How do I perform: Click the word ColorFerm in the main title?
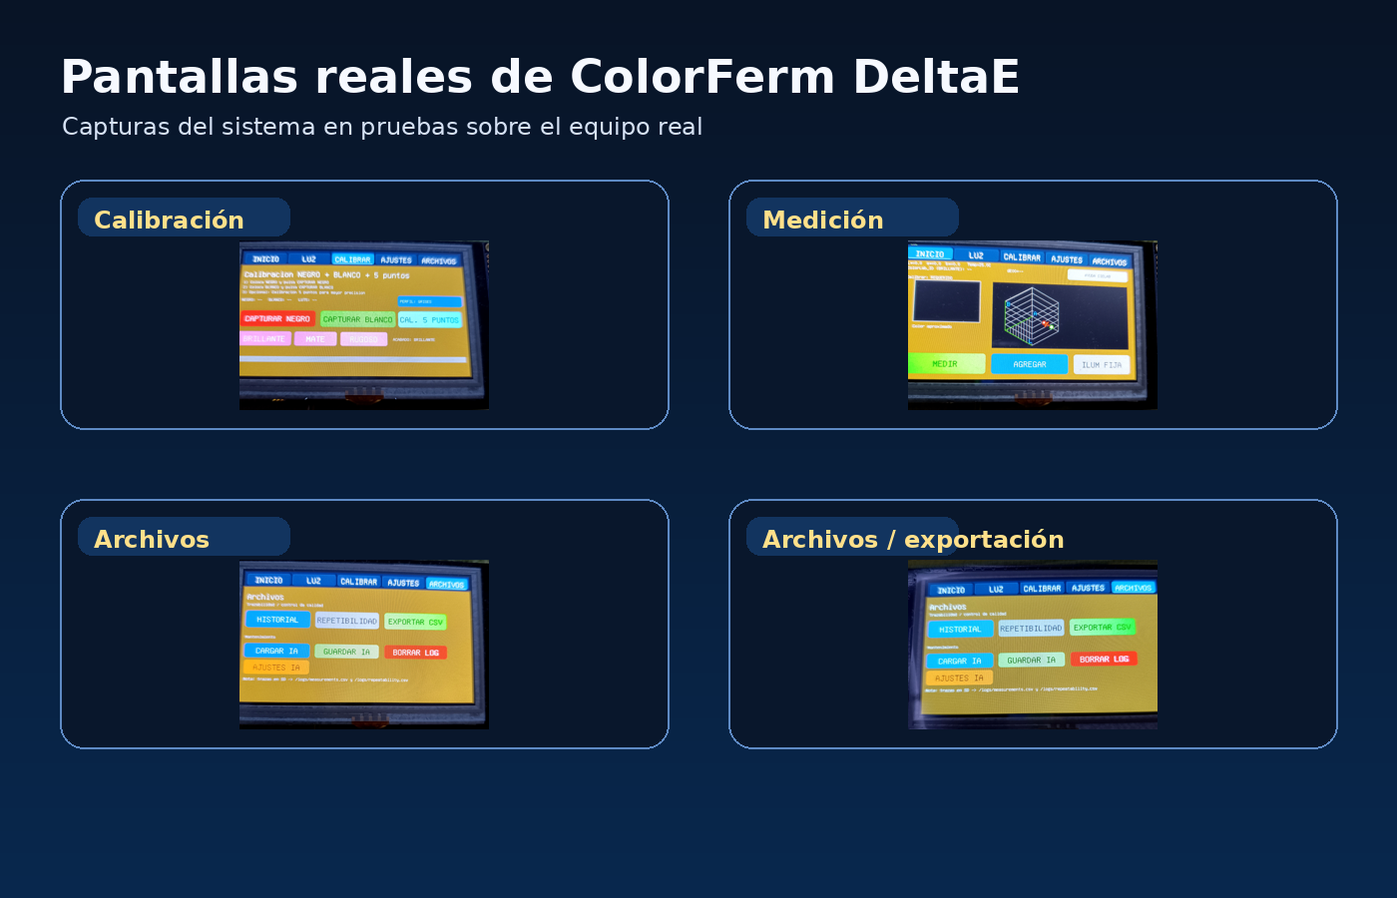coord(701,77)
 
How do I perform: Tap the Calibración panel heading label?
coord(170,220)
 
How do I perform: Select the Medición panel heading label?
coord(823,220)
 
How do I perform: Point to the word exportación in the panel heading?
coord(984,539)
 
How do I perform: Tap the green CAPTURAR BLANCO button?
coord(357,319)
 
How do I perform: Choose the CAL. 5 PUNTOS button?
coord(430,320)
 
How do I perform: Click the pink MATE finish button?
coord(315,339)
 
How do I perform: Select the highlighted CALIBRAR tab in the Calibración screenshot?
coord(352,259)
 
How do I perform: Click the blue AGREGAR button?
coord(1030,364)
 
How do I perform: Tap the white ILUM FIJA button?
coord(1102,365)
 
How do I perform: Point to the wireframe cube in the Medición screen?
coord(1031,314)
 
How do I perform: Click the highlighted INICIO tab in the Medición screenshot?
coord(930,253)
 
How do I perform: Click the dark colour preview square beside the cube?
coord(947,301)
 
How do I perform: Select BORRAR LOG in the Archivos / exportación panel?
coord(1104,660)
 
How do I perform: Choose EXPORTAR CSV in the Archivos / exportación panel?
coord(1103,628)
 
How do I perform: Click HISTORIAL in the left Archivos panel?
coord(277,620)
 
